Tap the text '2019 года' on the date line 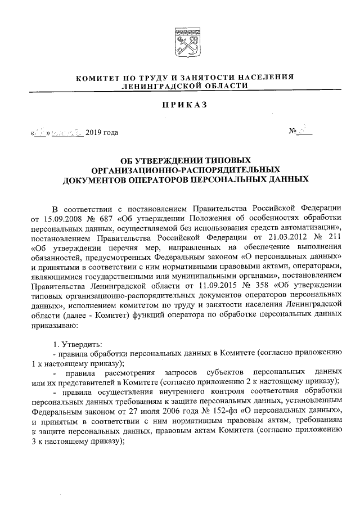pos(102,133)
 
